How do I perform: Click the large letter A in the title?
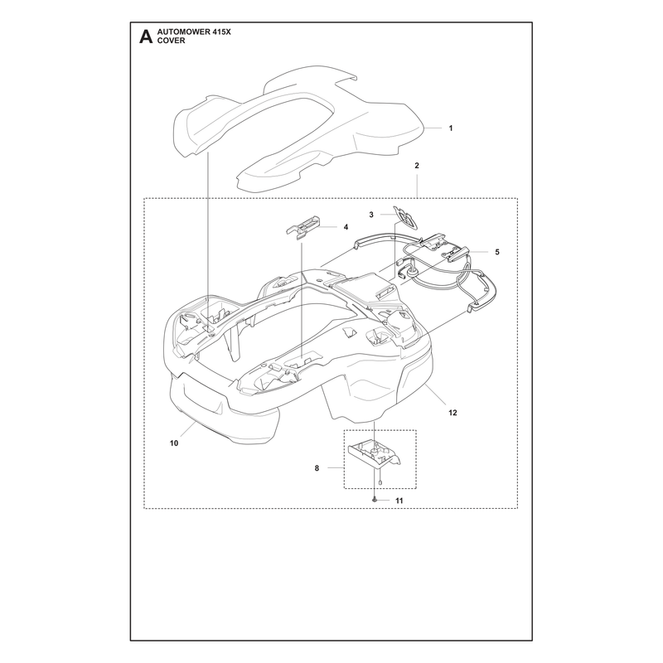point(146,36)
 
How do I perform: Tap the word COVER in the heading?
point(171,41)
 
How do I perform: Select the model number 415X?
point(221,32)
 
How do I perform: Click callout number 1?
point(451,128)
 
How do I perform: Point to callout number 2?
point(417,166)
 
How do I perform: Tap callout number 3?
point(371,215)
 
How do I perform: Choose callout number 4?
point(346,227)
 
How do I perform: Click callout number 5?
point(497,252)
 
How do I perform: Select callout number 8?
point(317,468)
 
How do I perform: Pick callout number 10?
point(174,443)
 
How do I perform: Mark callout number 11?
point(399,501)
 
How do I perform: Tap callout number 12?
point(452,413)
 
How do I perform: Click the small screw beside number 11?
point(375,500)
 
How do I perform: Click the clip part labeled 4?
point(302,227)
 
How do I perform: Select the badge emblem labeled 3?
point(404,218)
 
